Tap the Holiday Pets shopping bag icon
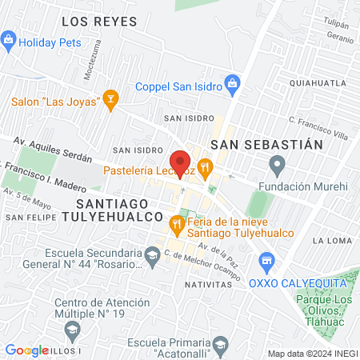click(9, 38)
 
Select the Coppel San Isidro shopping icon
click(232, 82)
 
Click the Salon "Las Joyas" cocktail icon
click(111, 101)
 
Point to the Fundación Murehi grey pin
click(278, 167)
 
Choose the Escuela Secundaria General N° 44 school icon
click(152, 256)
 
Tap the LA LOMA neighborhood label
click(328, 240)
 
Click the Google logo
click(26, 350)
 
